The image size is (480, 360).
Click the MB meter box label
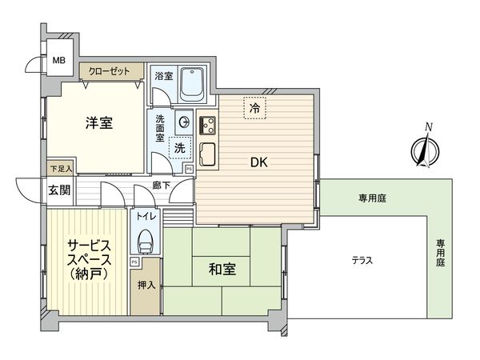58,60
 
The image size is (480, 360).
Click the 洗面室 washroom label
161,129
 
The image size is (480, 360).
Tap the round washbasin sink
183,122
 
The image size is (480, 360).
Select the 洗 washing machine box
181,148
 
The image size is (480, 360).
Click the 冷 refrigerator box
254,108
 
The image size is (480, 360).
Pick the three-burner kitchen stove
208,124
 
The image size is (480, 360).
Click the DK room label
258,162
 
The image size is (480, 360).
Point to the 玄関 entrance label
58,190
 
